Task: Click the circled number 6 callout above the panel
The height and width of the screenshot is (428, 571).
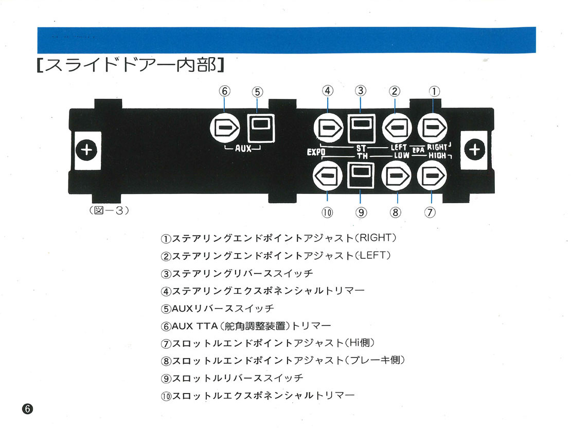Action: point(225,91)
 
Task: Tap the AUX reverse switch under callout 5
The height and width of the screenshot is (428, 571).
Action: point(261,128)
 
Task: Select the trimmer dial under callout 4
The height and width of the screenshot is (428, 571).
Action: point(329,128)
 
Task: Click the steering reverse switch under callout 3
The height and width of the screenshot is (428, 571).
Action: point(361,128)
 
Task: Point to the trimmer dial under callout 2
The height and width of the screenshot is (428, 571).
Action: point(397,128)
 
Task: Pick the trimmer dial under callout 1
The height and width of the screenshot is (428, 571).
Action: point(432,128)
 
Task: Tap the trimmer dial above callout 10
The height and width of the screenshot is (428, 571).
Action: point(327,175)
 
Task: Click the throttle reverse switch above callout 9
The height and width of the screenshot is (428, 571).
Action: point(361,175)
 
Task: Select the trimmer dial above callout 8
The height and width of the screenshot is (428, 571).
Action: point(396,175)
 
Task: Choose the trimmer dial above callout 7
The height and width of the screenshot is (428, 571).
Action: point(432,175)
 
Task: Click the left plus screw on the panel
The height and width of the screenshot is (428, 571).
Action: point(86,150)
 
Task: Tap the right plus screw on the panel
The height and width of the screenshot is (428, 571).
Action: point(474,149)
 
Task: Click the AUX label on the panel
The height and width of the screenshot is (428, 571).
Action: point(243,149)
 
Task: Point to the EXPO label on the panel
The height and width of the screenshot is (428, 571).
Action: point(316,152)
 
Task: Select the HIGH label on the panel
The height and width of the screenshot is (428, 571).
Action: point(437,155)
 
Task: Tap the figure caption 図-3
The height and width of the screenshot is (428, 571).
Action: point(109,210)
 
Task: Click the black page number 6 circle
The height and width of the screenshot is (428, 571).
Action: point(27,408)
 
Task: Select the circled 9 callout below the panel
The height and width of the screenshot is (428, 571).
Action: point(361,212)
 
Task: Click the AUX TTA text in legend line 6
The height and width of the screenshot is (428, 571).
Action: point(195,326)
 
